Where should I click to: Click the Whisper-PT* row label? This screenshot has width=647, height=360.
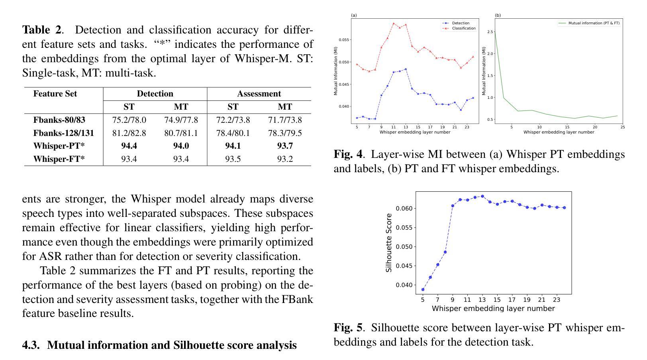pos(59,146)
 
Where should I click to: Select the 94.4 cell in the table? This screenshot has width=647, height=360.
pos(129,146)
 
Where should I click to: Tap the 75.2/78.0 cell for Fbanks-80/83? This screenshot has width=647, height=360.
pos(129,120)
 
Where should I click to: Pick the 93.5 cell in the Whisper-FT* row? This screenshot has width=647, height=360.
pos(233,159)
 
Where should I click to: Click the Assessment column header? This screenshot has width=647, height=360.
pos(259,94)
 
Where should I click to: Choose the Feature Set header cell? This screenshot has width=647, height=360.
pos(55,94)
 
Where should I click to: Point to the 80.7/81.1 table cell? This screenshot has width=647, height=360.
pos(181,133)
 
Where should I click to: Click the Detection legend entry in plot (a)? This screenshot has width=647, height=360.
pos(461,23)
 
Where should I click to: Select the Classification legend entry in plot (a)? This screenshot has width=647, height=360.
pos(463,28)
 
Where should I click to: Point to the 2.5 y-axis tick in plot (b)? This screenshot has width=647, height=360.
pos(490,32)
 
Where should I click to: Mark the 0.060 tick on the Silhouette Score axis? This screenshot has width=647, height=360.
pos(404,209)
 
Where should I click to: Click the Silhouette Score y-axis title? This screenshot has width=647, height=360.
pos(389,243)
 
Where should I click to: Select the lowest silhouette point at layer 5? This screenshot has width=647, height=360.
pos(423,289)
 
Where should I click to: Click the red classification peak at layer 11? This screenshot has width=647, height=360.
pos(394,23)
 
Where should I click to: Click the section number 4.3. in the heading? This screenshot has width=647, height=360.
pos(31,345)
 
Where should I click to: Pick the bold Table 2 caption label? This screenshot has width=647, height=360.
pos(42,30)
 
